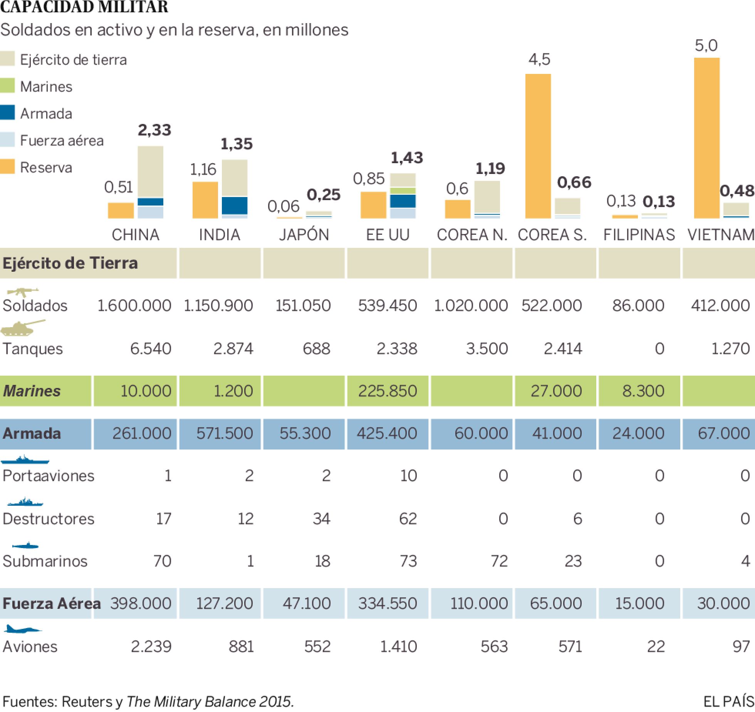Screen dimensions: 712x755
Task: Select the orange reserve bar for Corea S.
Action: [538, 146]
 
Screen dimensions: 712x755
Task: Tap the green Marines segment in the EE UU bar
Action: [403, 191]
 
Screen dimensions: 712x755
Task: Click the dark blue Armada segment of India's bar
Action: [234, 206]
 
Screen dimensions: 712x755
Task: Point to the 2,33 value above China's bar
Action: [154, 130]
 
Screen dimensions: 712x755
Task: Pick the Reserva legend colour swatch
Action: [7, 167]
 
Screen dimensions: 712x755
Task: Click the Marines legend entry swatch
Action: [7, 86]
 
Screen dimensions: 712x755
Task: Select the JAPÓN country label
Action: [304, 234]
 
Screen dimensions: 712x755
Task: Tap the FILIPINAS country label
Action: [639, 234]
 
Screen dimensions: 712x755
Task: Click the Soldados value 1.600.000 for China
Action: [134, 306]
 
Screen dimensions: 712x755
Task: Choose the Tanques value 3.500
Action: [487, 349]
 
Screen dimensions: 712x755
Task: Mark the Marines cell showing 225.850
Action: [388, 391]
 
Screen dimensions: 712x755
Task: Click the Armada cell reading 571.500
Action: [225, 433]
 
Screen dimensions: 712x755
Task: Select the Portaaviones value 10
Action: [408, 476]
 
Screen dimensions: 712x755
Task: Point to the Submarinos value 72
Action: [499, 561]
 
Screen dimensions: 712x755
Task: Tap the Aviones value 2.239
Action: [151, 646]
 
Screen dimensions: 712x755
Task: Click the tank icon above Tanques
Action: [22, 328]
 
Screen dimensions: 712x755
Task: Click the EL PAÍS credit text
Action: [728, 701]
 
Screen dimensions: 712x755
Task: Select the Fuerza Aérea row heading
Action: [51, 603]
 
